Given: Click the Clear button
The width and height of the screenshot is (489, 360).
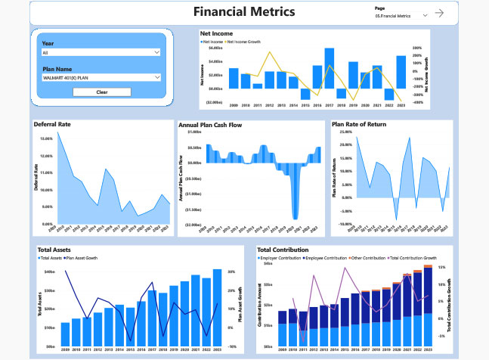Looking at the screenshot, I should pos(101,92).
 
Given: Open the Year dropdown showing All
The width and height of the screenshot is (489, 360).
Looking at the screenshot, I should pos(101,53).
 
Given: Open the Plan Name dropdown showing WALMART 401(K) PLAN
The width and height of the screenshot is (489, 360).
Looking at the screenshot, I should pos(101,77).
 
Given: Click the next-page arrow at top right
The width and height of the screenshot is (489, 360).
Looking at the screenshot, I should pos(460,14).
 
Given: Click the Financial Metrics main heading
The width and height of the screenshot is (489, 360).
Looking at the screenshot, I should pos(244,12).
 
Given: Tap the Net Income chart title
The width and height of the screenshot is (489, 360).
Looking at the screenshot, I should pos(216,33).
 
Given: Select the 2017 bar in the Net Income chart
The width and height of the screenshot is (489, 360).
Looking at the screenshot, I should pos(330,68).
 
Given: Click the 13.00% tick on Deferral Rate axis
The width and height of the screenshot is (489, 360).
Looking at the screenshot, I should pos(44,138).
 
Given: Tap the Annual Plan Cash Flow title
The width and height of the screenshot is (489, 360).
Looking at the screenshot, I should pos(212,124).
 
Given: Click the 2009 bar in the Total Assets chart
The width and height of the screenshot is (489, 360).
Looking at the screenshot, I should pos(65,334).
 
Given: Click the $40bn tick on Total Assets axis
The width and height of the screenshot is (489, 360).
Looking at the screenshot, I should pos(51,272).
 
